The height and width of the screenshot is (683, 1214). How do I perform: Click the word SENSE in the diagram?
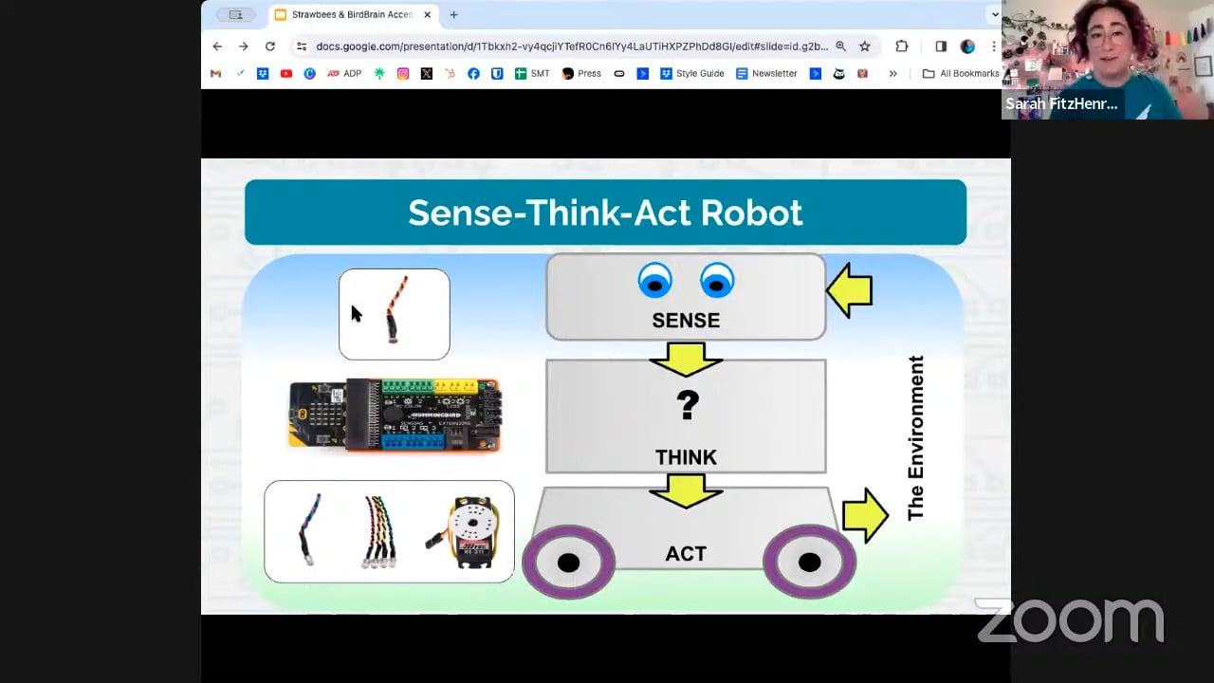coord(685,321)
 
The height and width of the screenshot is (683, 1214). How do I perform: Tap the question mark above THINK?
coord(687,406)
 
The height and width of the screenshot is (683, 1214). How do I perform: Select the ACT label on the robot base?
coord(685,554)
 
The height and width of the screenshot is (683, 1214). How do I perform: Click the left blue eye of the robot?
coord(654,282)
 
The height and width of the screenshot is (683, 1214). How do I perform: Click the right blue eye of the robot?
coord(717,282)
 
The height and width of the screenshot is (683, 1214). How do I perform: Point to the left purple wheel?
coord(568,563)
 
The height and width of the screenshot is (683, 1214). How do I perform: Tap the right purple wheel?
coord(809,563)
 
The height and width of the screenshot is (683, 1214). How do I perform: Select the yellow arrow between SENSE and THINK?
coord(686,359)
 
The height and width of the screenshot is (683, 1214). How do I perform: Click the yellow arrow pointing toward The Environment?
coord(864,515)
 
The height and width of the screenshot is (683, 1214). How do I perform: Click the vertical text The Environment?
coord(915,437)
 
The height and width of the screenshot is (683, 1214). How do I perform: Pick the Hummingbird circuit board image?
coord(395,415)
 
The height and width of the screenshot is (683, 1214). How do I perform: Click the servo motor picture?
coord(471,533)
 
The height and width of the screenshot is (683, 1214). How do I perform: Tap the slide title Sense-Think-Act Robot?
coord(605,212)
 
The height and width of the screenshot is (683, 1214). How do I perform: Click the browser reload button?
coord(270,46)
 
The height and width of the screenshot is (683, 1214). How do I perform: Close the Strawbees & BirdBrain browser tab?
coord(427,14)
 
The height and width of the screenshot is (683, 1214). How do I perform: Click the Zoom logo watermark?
coord(1070,620)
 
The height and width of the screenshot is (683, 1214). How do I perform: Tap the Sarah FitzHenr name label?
coord(1060,104)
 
